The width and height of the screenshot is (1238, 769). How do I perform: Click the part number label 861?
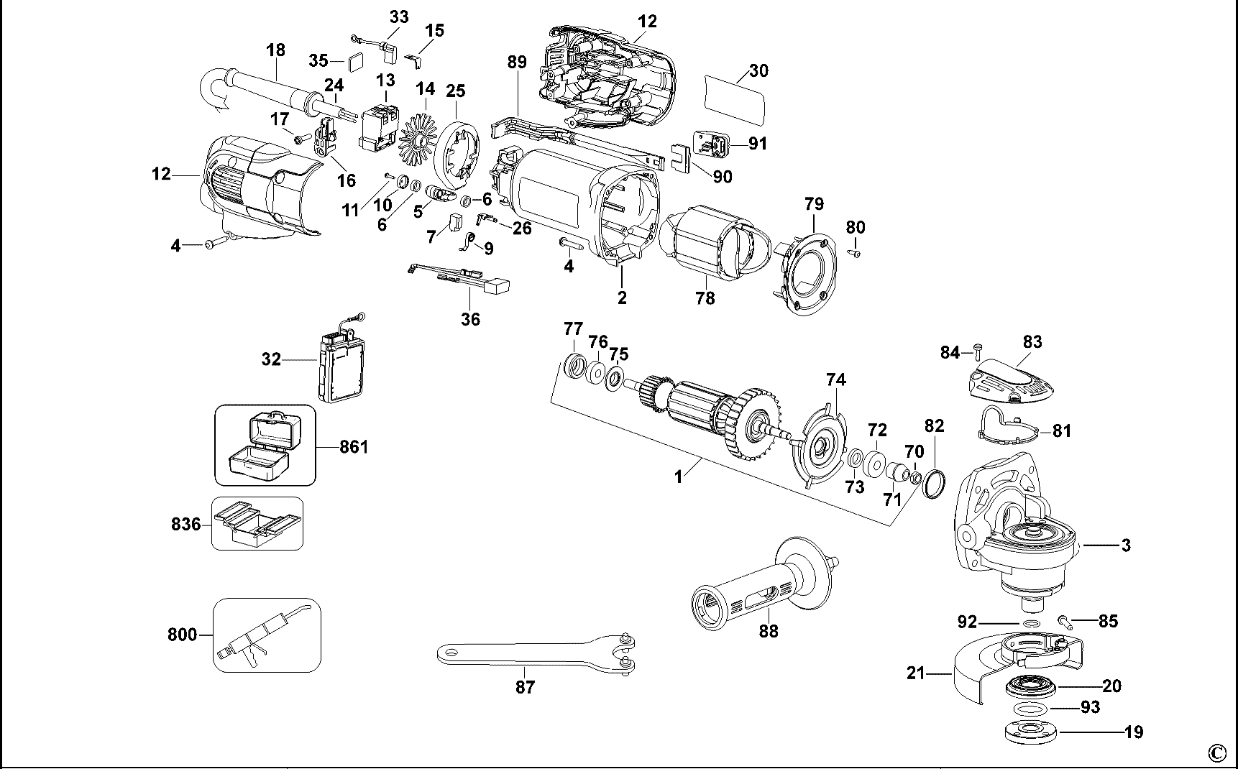click(x=354, y=447)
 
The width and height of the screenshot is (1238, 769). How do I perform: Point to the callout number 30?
click(x=758, y=70)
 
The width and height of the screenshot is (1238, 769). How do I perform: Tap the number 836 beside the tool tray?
click(x=185, y=524)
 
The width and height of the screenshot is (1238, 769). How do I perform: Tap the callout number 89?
click(x=517, y=62)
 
